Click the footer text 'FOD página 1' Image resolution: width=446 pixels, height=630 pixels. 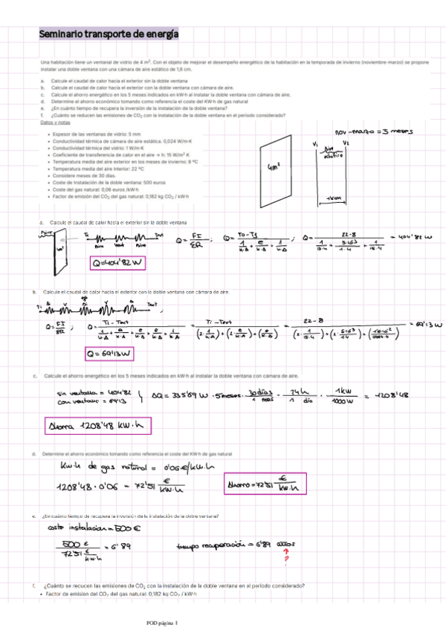163,622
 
